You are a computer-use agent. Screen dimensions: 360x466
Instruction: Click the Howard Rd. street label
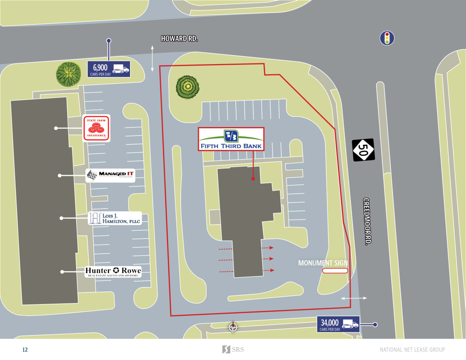click(179, 38)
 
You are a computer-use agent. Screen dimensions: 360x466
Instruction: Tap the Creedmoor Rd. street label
click(367, 221)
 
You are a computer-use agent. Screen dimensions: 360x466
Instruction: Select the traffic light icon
click(386, 38)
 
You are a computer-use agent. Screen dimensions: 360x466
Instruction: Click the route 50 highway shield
click(363, 150)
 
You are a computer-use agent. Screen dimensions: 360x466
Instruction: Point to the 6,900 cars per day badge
click(109, 70)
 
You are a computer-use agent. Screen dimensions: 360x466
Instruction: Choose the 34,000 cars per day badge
click(338, 324)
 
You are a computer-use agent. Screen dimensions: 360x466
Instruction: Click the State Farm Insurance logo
click(96, 128)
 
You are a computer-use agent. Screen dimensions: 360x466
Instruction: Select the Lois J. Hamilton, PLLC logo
click(115, 218)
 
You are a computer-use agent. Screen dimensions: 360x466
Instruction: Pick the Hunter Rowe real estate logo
click(113, 271)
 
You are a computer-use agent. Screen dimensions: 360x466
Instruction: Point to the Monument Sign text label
click(323, 263)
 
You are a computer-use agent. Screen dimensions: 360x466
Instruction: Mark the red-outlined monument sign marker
click(335, 271)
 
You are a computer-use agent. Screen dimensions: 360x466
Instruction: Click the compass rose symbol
click(233, 327)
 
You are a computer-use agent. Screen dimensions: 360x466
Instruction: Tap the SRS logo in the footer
click(233, 350)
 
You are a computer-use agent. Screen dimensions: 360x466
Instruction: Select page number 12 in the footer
click(25, 350)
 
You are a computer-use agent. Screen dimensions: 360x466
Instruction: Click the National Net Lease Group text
click(412, 350)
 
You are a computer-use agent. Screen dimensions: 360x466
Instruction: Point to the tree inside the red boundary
click(188, 87)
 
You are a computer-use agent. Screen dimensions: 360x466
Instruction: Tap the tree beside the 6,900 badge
click(68, 74)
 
